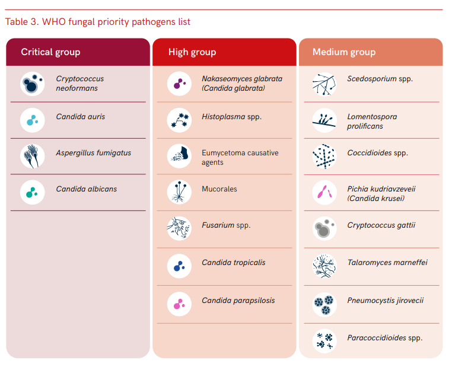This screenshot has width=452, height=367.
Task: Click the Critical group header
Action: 50,52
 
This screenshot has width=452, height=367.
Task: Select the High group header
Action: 192,52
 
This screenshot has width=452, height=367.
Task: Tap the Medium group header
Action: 344,52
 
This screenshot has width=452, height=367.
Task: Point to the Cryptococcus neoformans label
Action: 79,84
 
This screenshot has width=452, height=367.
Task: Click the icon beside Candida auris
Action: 32,120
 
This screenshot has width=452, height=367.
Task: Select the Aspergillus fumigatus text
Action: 93,153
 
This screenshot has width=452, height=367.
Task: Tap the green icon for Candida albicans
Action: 32,192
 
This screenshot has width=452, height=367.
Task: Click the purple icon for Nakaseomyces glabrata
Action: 179,84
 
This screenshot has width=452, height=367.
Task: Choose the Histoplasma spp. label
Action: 231,117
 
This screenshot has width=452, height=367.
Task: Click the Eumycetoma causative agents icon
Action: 179,156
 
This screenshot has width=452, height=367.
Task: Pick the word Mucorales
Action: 219,189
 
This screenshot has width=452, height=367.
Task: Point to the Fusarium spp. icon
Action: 179,228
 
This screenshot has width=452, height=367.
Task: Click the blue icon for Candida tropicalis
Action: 179,266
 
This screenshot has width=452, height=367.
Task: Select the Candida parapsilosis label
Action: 238,301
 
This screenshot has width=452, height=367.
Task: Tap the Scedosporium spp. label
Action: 380,79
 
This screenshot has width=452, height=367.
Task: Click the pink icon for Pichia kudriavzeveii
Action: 324,192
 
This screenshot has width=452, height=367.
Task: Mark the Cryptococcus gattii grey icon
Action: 324,228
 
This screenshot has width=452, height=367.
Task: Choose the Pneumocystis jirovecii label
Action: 385,301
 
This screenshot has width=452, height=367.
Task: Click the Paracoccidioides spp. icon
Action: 324,341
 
